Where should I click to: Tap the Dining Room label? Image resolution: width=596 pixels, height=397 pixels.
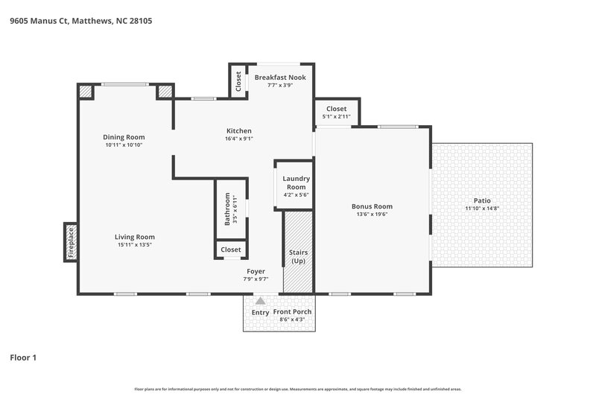(124, 137)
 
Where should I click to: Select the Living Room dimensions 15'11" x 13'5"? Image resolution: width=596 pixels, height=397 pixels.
(136, 245)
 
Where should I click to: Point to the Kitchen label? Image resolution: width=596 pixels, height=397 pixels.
(238, 130)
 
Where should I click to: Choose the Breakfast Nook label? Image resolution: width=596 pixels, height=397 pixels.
(280, 77)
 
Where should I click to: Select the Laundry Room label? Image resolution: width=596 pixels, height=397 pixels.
(296, 182)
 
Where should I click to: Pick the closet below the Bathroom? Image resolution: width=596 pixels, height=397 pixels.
(230, 250)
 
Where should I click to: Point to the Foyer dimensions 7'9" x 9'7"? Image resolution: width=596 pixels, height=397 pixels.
(256, 279)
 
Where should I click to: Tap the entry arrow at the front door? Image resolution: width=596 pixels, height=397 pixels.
(259, 302)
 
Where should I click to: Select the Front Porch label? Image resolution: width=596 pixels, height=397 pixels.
(292, 311)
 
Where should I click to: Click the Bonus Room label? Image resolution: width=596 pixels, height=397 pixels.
(372, 206)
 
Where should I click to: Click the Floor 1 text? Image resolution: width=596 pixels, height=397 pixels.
(23, 358)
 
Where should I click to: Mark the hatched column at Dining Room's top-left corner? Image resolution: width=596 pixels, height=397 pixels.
(86, 92)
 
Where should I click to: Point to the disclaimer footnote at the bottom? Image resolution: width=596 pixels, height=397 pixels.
(298, 389)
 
